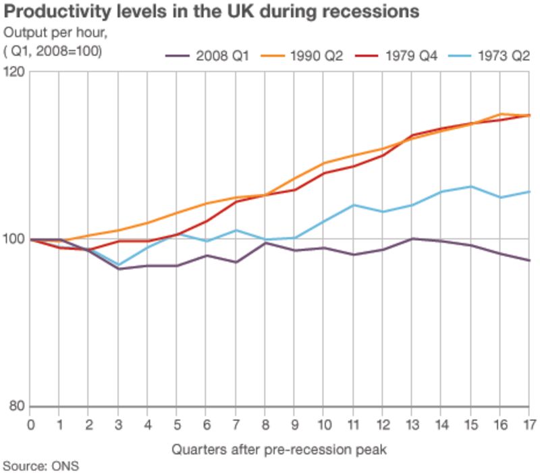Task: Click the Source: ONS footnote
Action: (x=40, y=465)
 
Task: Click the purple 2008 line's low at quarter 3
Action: (x=118, y=269)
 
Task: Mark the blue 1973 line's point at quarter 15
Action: (x=470, y=186)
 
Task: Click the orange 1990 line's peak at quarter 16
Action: (x=500, y=114)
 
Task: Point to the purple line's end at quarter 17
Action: (x=529, y=260)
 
